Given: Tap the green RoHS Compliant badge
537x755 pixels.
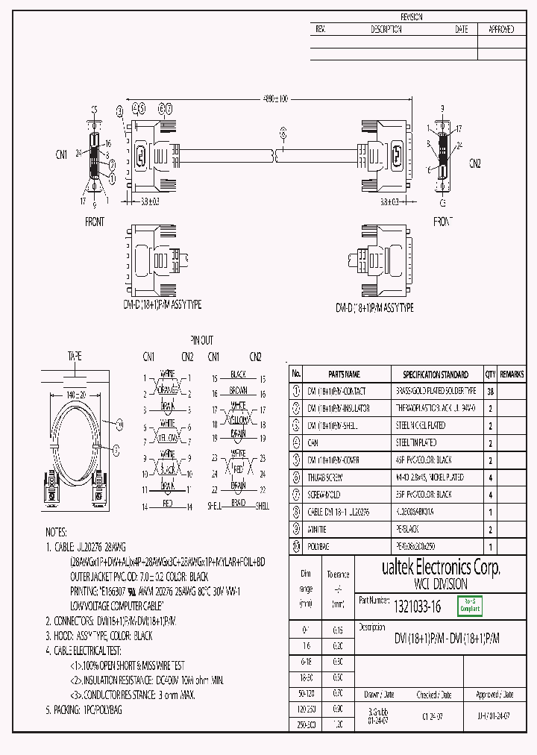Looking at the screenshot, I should point(469,607).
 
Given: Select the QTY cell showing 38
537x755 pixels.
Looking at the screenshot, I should point(490,391).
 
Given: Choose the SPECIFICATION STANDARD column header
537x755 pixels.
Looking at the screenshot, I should point(435,375).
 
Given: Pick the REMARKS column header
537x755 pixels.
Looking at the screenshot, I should point(512,375).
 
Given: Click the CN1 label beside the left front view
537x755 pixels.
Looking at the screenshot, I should point(62,154).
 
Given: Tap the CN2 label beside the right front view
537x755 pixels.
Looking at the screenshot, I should point(475,162).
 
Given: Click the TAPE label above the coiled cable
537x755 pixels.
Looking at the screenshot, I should point(75,355).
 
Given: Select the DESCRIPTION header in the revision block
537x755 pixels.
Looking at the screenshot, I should point(386,30).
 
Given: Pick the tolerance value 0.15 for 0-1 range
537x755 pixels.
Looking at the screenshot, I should point(338,630).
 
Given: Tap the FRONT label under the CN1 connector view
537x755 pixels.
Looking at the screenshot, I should point(95,222).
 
